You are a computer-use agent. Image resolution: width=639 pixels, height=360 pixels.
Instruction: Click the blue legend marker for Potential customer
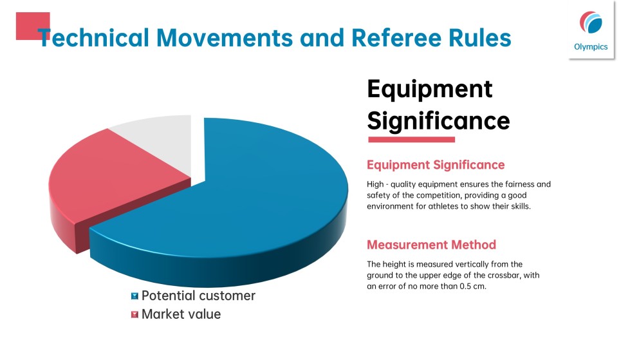click(134, 296)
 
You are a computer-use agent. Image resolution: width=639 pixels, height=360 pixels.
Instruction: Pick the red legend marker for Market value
click(134, 314)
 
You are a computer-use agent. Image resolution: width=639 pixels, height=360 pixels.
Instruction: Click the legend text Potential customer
click(198, 296)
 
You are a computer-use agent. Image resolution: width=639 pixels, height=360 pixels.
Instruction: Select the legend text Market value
click(181, 314)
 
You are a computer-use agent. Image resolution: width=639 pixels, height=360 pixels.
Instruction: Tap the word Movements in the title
click(225, 38)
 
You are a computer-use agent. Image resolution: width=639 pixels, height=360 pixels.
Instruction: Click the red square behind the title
click(33, 26)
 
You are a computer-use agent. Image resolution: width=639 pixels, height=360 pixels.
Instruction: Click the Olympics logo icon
click(591, 23)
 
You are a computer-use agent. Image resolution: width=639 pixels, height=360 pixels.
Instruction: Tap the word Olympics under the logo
click(591, 47)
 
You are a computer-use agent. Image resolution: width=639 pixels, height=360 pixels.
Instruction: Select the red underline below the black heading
click(412, 140)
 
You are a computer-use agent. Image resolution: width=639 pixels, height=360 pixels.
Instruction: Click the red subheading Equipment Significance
click(436, 165)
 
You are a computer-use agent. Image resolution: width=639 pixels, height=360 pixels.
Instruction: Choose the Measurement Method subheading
click(432, 245)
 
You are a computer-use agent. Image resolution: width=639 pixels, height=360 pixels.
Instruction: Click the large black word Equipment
click(429, 90)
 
